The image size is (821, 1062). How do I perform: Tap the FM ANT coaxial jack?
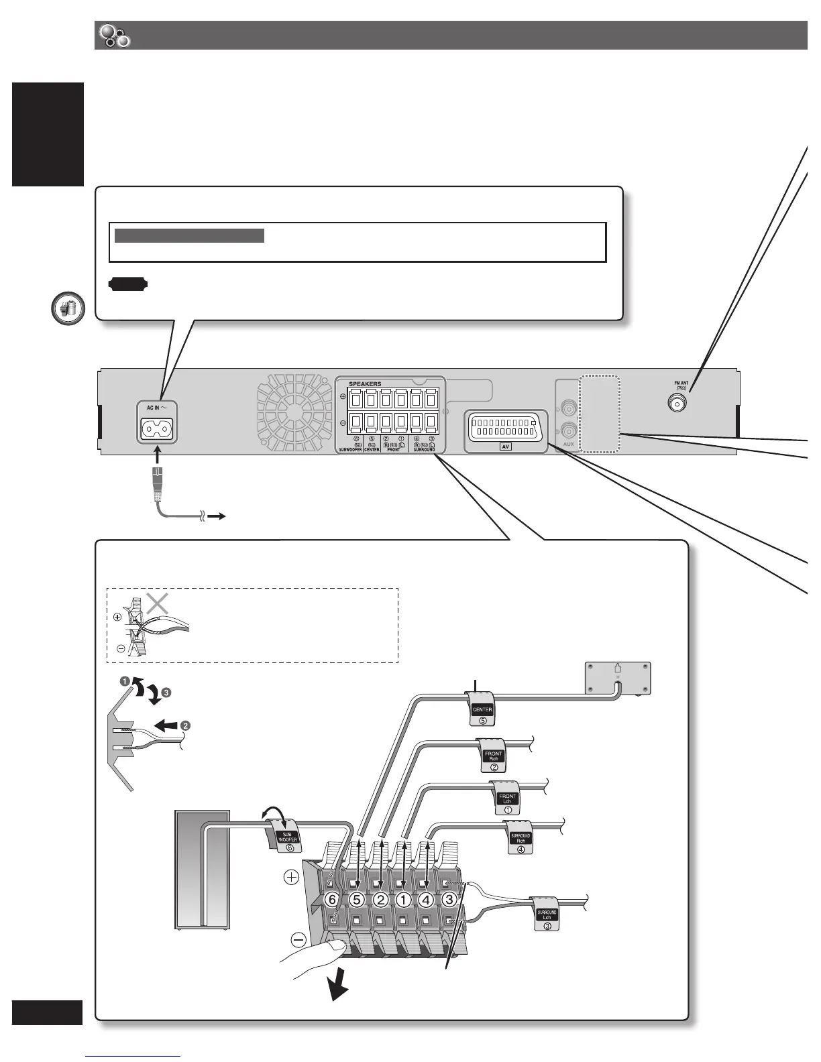point(680,402)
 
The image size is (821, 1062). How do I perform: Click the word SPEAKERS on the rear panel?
point(365,384)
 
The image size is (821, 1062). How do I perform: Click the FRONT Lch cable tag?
point(507,799)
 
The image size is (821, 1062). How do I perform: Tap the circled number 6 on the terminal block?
point(331,899)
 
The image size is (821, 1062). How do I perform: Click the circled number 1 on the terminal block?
point(403,899)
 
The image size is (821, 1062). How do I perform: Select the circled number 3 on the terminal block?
point(449,899)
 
